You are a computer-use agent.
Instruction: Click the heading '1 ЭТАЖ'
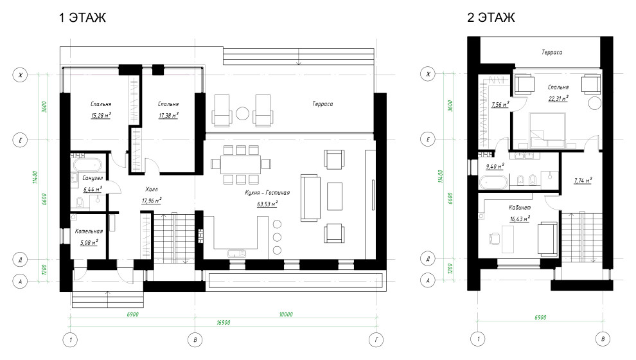point(83,17)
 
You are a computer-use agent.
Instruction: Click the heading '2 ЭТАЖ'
point(491,17)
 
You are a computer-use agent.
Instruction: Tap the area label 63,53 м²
point(267,204)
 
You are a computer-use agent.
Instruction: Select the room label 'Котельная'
point(89,231)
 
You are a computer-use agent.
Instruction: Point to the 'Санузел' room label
point(93,178)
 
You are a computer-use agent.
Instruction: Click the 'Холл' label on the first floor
point(152,189)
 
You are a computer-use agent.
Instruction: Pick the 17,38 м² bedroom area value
point(168,115)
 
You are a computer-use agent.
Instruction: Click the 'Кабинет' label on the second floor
point(520,208)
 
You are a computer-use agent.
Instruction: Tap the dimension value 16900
point(224,323)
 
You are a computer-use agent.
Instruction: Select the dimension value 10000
point(286,314)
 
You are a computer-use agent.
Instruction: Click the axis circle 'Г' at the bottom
point(376,339)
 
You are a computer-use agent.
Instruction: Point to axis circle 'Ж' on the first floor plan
point(21,75)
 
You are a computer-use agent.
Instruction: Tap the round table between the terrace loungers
point(243,113)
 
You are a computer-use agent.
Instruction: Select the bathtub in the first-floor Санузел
point(87,165)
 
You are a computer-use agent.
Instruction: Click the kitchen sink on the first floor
point(236,254)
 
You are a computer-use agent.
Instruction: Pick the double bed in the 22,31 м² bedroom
point(547,130)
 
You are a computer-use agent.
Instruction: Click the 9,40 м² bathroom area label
point(495,166)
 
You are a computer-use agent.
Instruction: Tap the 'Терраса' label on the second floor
point(552,52)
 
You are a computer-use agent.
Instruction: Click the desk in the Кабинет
point(508,239)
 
